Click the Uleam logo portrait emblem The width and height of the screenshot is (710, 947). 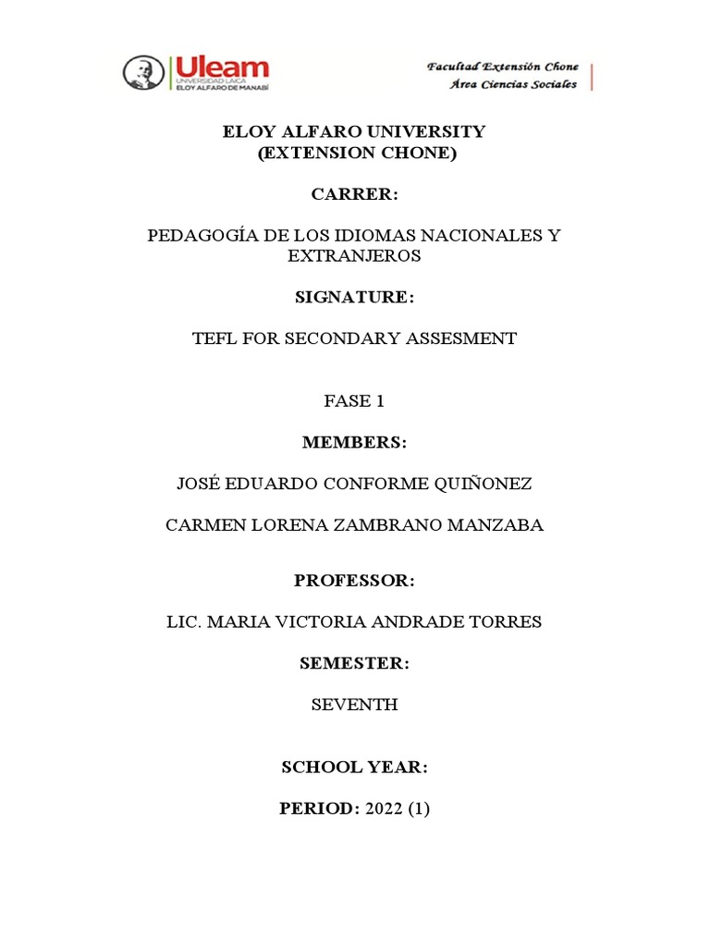pos(143,73)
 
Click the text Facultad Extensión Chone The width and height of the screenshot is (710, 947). pos(502,67)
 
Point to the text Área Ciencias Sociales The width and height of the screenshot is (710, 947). pos(513,84)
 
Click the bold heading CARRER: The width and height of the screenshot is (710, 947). pos(354,194)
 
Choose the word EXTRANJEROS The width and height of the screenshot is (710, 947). pos(354,255)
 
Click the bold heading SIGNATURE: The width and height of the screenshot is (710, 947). pos(354,297)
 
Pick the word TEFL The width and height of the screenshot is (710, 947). pos(214,338)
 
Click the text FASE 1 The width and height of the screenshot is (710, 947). pos(354,401)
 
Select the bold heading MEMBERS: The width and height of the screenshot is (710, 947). pos(354,443)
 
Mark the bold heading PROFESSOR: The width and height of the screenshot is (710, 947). pos(354,581)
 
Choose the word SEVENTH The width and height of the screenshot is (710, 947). pos(354,705)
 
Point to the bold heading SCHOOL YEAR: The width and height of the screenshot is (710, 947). pos(354,768)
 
